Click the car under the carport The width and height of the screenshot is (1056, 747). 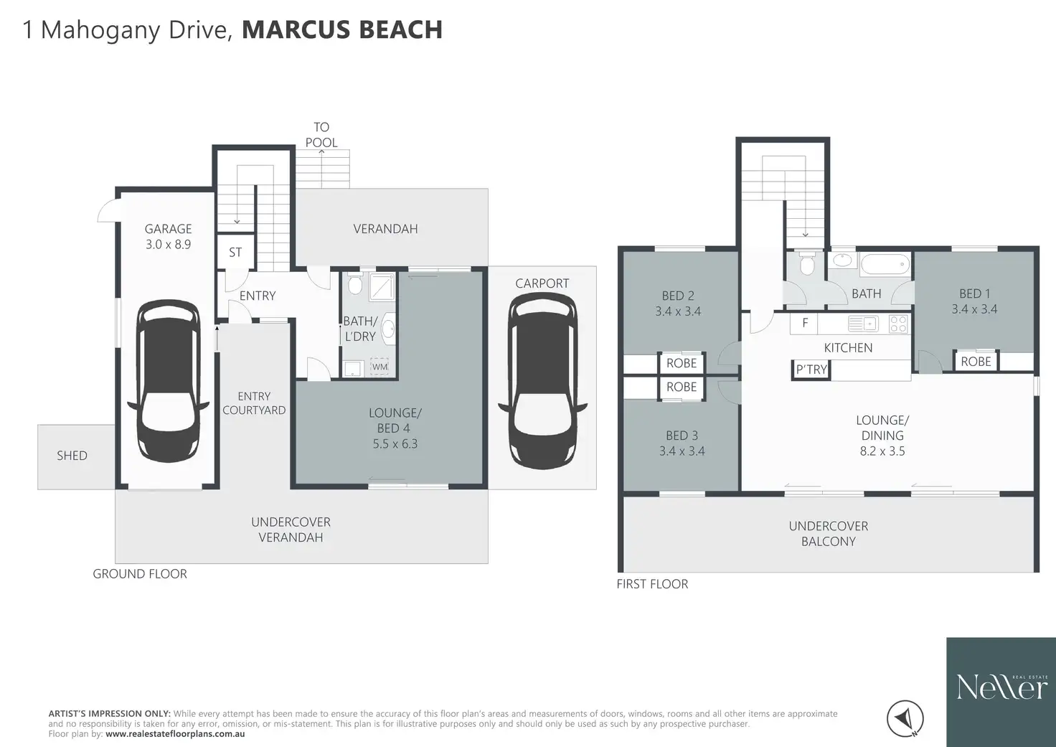tap(542, 380)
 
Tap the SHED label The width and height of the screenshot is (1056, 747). tap(72, 456)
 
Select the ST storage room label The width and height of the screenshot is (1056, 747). tap(235, 253)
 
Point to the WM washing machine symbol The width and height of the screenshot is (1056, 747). tap(379, 367)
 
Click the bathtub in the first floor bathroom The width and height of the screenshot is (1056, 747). tap(885, 264)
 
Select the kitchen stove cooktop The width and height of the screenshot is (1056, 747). tap(898, 324)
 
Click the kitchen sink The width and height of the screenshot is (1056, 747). tap(863, 324)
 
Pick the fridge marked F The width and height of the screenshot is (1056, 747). tap(804, 324)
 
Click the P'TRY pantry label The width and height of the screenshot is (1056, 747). tap(811, 370)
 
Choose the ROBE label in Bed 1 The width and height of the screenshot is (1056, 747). tap(976, 362)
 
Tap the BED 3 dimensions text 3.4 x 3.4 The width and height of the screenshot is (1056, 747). tap(682, 451)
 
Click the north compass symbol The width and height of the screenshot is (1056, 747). tap(905, 719)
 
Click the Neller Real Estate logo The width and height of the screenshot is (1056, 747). tap(1001, 692)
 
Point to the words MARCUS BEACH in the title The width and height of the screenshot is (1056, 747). tap(342, 29)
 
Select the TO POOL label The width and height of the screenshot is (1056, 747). tap(321, 135)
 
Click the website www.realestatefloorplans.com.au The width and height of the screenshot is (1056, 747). tap(175, 734)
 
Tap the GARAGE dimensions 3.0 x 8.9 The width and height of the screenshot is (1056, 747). tap(169, 244)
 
